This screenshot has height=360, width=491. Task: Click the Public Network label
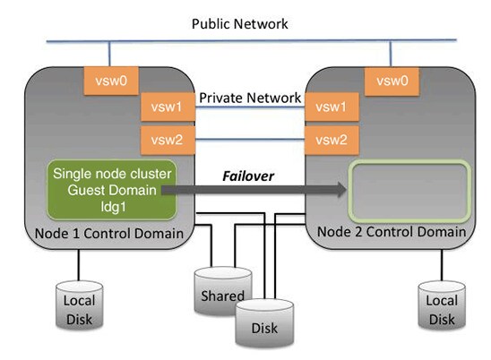click(240, 23)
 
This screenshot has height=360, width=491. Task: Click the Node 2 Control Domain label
click(392, 231)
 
